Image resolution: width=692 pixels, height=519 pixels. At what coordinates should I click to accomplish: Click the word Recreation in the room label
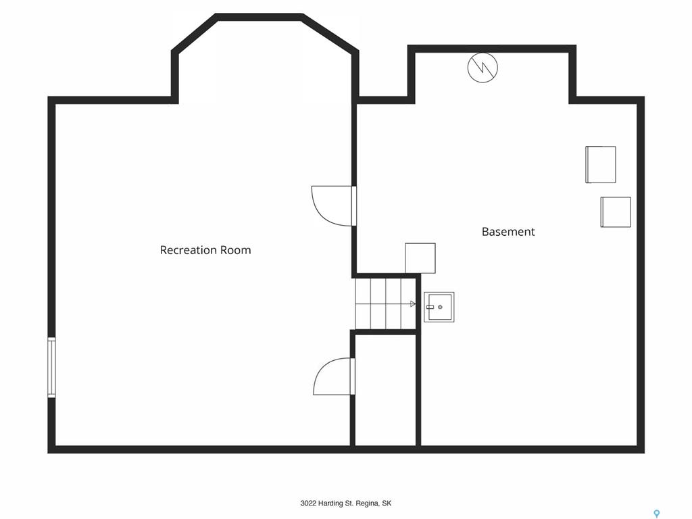click(x=189, y=250)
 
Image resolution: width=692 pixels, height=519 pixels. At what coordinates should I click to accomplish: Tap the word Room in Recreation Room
click(x=236, y=250)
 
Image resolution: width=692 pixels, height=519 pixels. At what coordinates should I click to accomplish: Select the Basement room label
click(x=508, y=232)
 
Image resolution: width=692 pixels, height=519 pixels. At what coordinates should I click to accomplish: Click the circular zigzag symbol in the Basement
click(x=483, y=68)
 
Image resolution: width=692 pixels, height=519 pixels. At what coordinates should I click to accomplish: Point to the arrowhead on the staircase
click(x=413, y=303)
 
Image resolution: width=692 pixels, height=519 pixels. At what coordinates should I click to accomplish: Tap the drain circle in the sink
click(x=440, y=307)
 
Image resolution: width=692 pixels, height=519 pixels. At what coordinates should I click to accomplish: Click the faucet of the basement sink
click(x=430, y=307)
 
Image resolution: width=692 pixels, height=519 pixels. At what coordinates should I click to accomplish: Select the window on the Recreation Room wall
click(x=51, y=367)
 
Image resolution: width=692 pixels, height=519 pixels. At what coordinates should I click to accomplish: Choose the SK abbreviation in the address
click(x=387, y=503)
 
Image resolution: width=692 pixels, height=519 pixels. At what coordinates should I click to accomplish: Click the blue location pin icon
click(x=657, y=514)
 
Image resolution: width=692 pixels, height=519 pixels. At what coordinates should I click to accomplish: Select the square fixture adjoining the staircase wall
click(x=420, y=258)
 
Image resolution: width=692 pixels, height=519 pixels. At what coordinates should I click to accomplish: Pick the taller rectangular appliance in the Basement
click(x=601, y=165)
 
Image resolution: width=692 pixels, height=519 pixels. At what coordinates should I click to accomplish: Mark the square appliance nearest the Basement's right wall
click(x=616, y=212)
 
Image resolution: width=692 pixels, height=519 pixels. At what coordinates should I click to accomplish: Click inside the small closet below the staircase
click(x=386, y=390)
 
